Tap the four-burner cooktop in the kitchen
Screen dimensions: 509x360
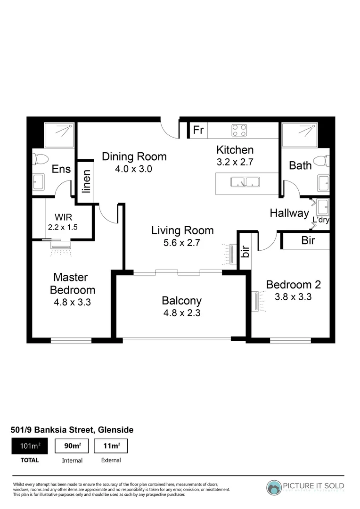239,130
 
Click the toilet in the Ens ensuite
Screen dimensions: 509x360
39,158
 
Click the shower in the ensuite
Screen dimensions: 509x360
59,135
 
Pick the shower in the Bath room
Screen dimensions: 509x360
299,135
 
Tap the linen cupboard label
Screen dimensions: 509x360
86,181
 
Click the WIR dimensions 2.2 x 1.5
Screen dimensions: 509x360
63,227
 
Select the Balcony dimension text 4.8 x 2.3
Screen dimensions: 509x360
181,312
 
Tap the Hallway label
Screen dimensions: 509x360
289,213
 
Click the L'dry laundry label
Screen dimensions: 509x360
321,220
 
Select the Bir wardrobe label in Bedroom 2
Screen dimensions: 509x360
308,240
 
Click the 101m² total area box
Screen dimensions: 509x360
29,446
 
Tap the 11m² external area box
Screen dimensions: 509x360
111,446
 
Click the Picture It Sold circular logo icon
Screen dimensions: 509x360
274,487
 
